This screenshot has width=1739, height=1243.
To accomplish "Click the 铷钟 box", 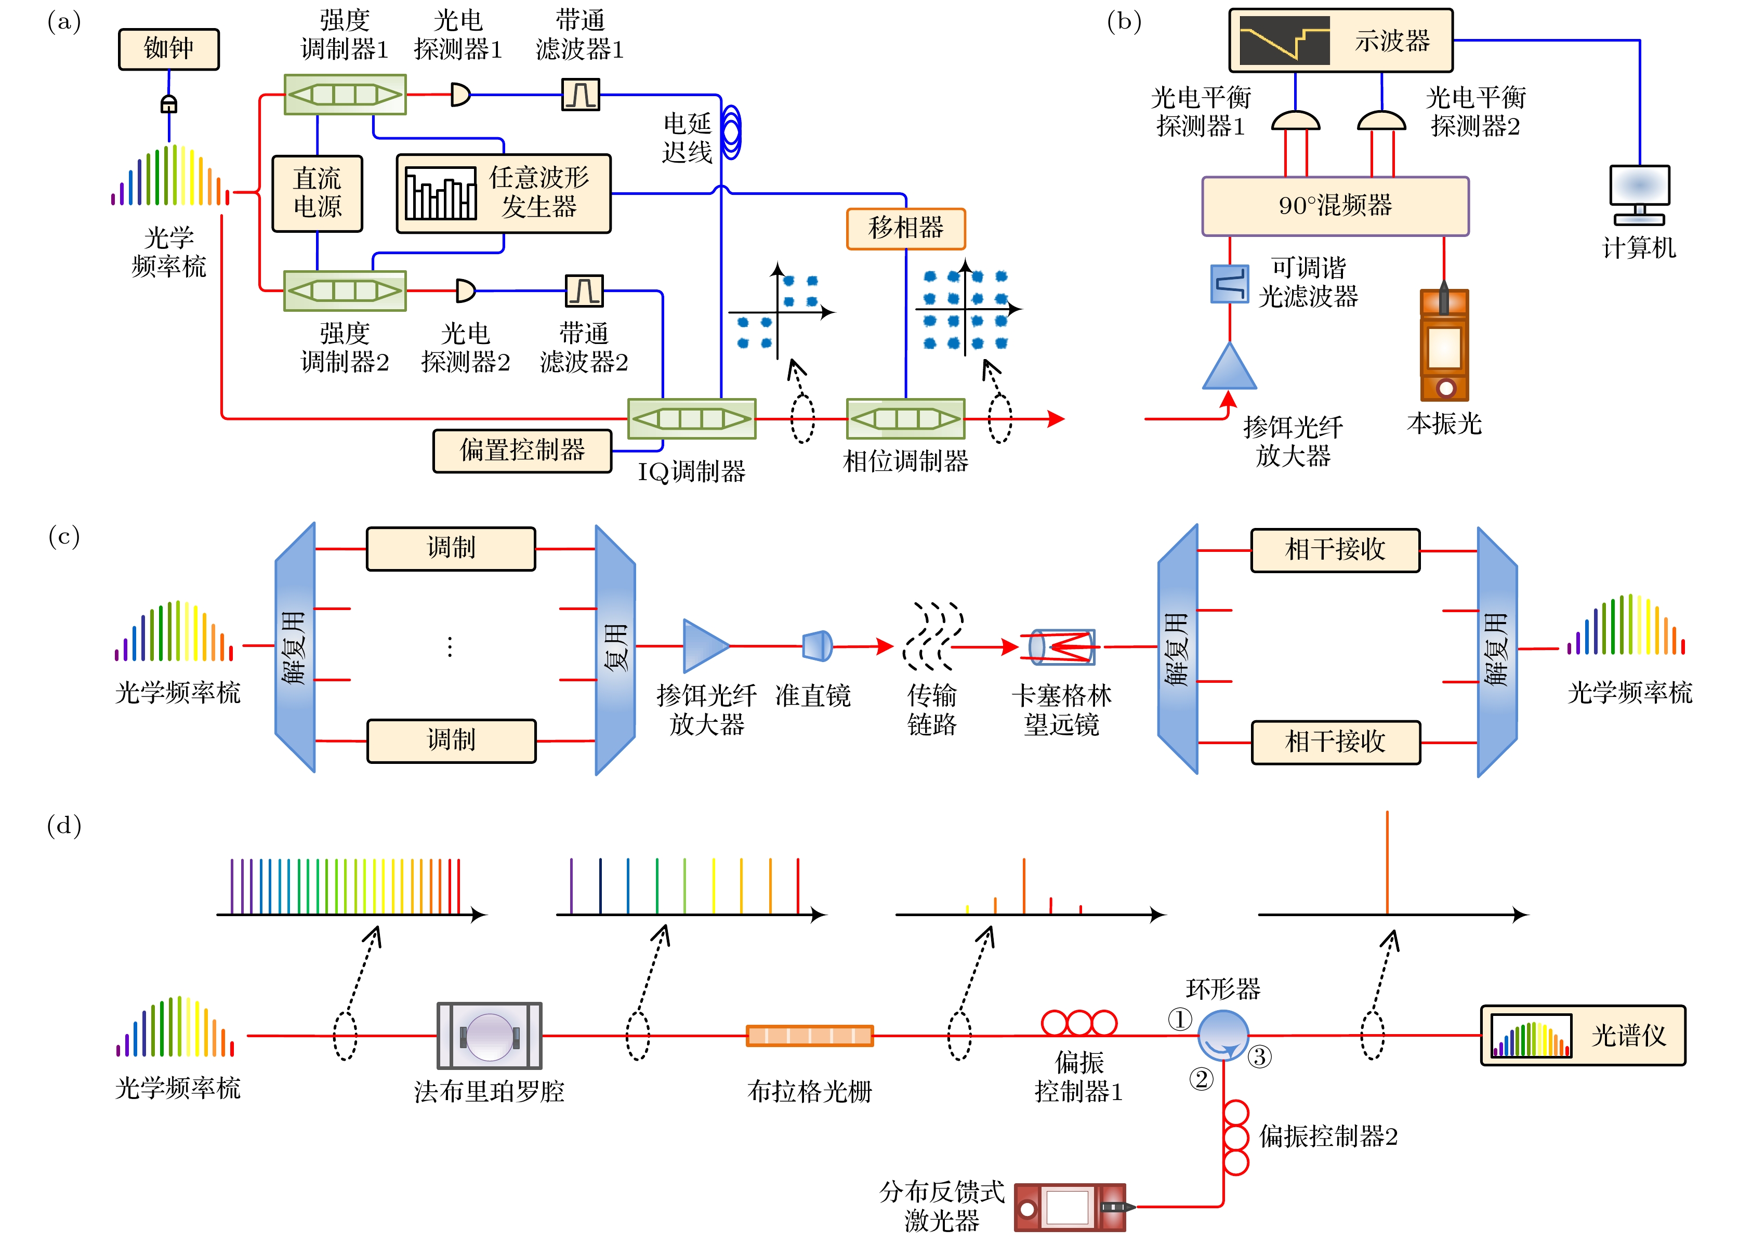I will [168, 49].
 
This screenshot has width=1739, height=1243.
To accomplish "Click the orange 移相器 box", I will [905, 228].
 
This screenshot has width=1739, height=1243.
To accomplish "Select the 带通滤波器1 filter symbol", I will [580, 95].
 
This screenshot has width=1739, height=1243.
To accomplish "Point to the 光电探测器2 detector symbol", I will [465, 291].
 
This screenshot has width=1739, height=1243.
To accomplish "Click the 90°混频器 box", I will [1334, 206].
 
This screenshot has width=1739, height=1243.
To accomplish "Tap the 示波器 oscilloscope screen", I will [1284, 41].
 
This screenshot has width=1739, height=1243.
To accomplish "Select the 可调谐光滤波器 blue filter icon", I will [1229, 283].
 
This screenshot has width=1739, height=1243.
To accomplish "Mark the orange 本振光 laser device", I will [1444, 345].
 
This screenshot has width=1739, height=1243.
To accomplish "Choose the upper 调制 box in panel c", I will [451, 548].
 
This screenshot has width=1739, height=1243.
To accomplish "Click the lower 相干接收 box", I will [1335, 742].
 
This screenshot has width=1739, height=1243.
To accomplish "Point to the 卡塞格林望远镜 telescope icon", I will [1062, 647].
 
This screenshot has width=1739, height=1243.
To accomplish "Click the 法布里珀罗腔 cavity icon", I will [489, 1036].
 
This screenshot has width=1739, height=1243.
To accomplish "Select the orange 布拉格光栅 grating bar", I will [809, 1036].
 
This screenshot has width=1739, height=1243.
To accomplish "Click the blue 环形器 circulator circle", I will [1222, 1035].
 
